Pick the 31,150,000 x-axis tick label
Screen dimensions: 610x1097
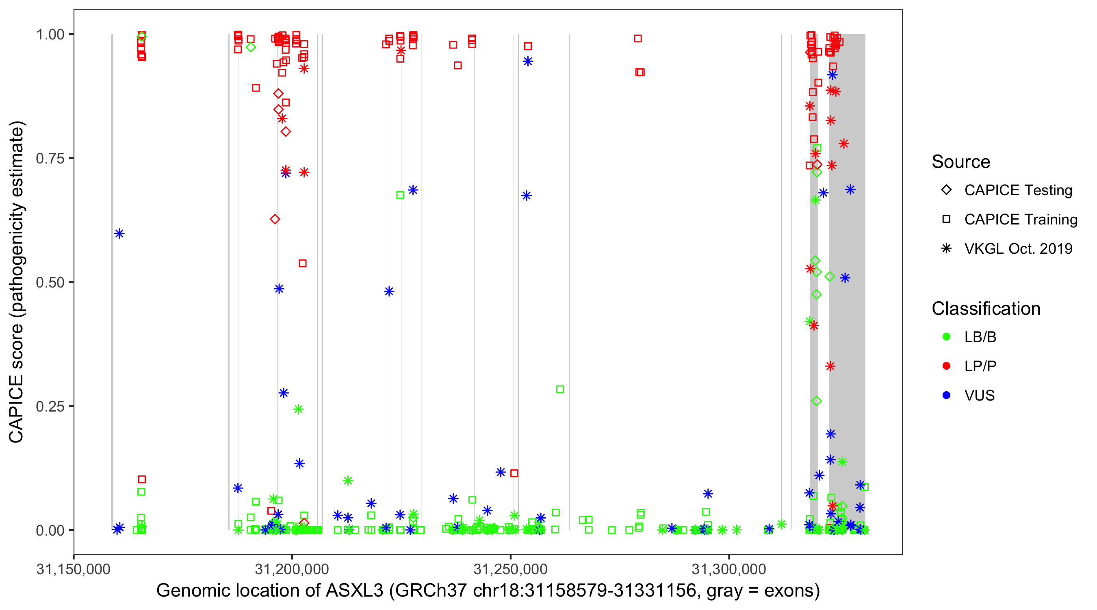tap(73, 569)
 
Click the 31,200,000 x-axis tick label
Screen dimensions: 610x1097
tap(292, 569)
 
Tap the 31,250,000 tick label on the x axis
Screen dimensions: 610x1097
tap(511, 569)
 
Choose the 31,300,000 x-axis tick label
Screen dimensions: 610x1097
tap(729, 569)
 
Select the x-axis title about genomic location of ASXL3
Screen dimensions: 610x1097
tap(488, 591)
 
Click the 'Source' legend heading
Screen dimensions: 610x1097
tap(961, 162)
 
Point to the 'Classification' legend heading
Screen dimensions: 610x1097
tap(986, 309)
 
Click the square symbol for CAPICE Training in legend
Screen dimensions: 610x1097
tap(946, 220)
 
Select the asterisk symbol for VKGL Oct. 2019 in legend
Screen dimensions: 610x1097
tap(946, 248)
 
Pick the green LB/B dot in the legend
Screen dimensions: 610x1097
tap(946, 337)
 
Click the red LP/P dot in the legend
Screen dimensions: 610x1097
tap(946, 366)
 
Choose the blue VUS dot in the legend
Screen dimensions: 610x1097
tap(946, 396)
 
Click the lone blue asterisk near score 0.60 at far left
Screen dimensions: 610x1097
tap(119, 233)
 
